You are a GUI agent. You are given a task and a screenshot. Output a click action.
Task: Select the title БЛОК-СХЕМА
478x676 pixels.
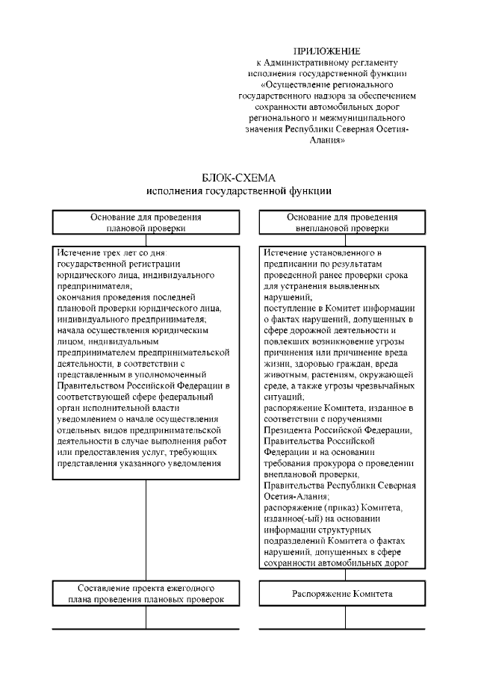point(239,179)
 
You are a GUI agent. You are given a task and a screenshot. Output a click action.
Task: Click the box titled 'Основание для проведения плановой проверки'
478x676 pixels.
point(146,223)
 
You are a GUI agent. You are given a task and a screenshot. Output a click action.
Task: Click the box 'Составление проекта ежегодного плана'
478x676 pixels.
point(146,594)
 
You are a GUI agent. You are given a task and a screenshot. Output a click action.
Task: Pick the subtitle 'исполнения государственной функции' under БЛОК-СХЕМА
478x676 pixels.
point(239,191)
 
